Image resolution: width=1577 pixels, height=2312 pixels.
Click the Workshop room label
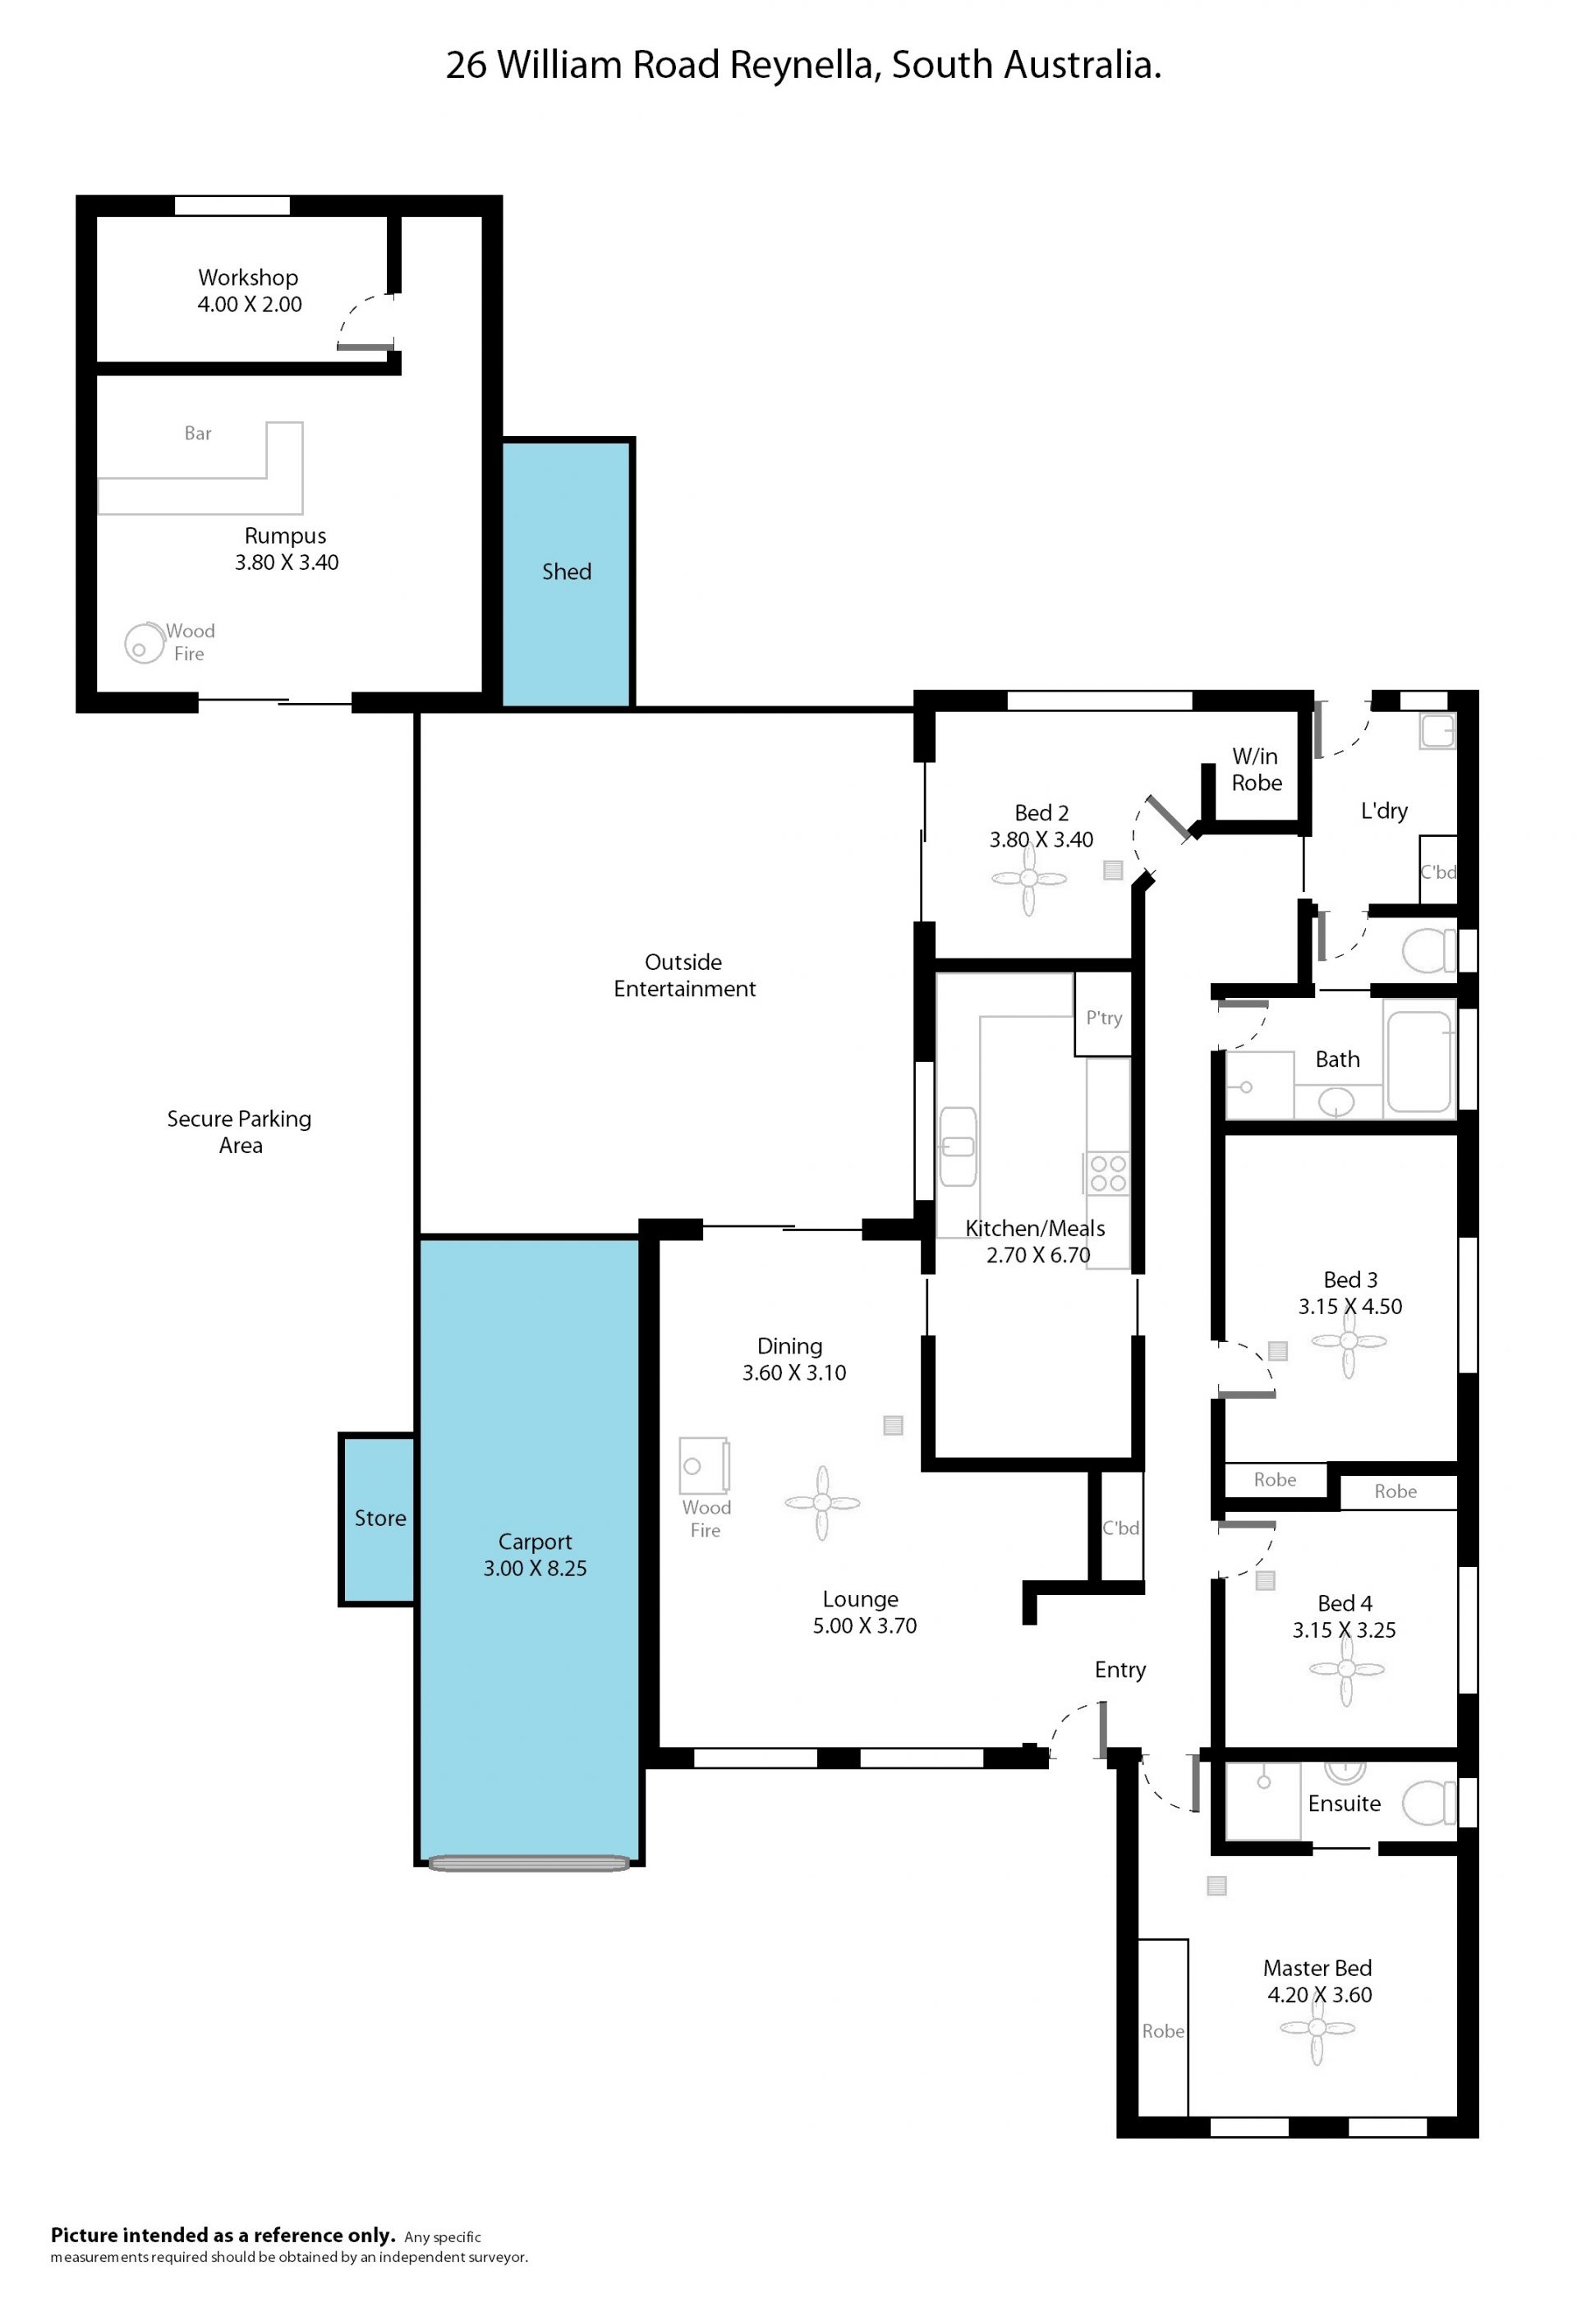coord(248,278)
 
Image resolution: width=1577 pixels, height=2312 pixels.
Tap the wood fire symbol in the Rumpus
coord(145,642)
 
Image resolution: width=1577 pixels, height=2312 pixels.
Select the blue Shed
coord(566,573)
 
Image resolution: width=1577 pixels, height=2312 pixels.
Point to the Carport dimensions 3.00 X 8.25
coord(536,1569)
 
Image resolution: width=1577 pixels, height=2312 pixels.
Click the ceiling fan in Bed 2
coord(1029,879)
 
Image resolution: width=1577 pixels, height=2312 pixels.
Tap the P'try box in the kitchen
coord(1102,1014)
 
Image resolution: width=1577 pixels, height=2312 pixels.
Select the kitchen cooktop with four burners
coord(1107,1173)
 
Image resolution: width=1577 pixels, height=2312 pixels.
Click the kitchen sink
coord(959,1146)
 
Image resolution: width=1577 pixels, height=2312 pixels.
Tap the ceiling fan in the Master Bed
coord(1317,2028)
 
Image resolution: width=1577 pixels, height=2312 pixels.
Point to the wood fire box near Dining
coord(705,1465)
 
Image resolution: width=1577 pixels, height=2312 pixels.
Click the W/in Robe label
coord(1257,769)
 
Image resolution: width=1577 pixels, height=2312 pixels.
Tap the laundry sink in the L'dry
coord(1437,731)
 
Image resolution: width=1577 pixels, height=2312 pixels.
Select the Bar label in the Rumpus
coord(198,433)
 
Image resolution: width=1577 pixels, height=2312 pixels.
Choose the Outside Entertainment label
coord(684,975)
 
